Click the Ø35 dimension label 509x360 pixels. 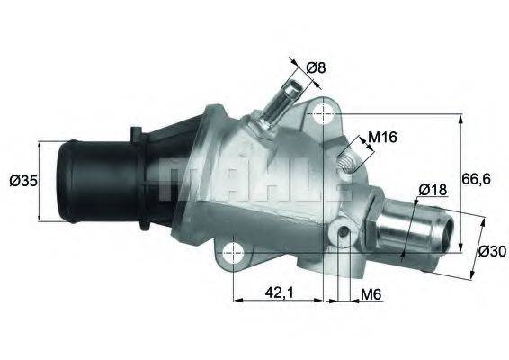[x=23, y=180]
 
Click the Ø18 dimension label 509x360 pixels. [x=433, y=189]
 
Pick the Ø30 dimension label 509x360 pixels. [x=491, y=251]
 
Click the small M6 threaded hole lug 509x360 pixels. [x=343, y=235]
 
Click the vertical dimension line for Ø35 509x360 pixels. [x=41, y=180]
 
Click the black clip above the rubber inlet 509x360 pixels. [x=137, y=134]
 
